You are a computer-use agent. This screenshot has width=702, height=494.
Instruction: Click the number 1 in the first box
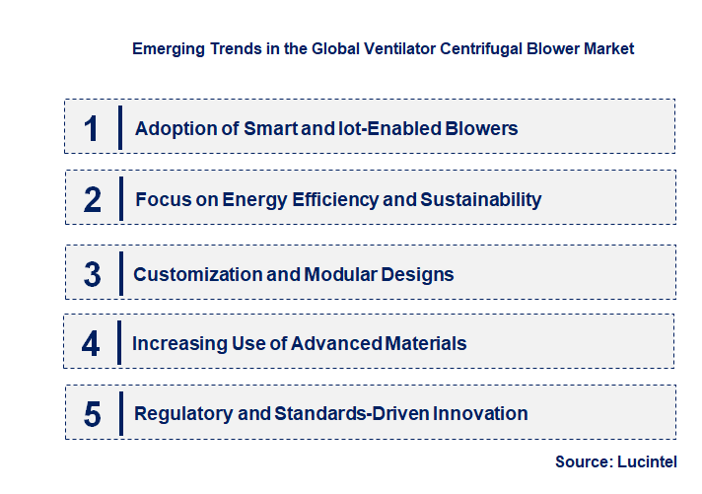point(92,128)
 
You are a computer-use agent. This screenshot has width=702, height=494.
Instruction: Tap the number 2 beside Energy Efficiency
point(93,200)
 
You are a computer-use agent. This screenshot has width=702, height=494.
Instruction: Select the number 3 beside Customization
point(93,274)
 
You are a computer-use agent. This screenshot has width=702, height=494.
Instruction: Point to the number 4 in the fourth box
point(92,344)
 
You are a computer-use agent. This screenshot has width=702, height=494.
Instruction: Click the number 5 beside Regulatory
point(93,414)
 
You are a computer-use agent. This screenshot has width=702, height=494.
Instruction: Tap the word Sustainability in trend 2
point(481,199)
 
